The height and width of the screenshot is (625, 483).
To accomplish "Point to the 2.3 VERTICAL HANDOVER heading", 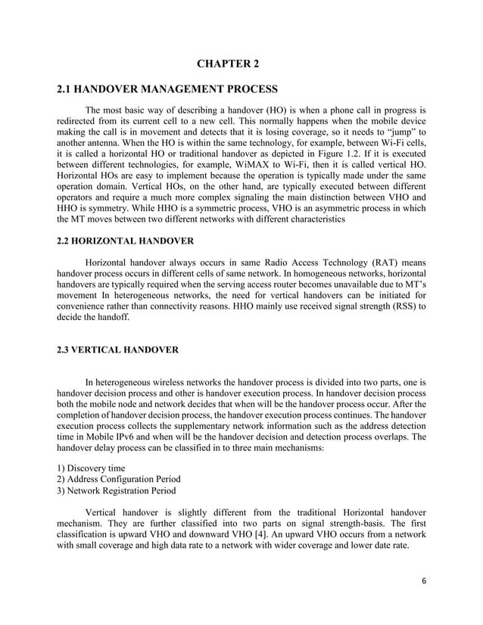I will (118, 350).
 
